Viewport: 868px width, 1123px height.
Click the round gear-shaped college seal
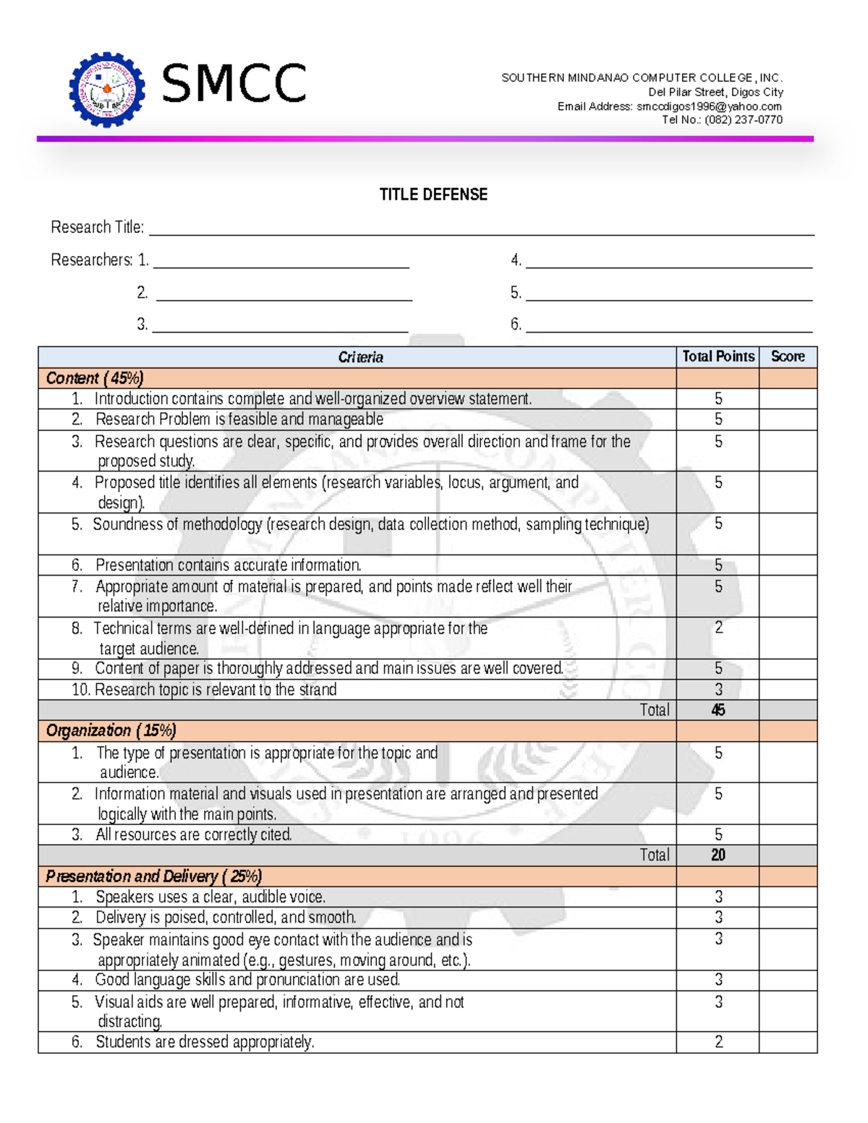(x=107, y=89)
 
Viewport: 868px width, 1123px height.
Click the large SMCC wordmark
(x=234, y=84)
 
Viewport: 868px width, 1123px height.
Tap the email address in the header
(x=708, y=106)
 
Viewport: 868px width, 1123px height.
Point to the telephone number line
(x=722, y=120)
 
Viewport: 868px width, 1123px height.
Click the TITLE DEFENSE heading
(x=433, y=195)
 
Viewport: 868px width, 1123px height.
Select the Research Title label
(x=97, y=228)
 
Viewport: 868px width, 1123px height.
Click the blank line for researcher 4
(x=668, y=260)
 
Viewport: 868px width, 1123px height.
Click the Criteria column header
(x=360, y=357)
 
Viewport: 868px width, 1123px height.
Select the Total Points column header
(x=718, y=356)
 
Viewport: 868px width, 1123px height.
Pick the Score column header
(x=787, y=356)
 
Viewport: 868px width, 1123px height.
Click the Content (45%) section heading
(x=95, y=378)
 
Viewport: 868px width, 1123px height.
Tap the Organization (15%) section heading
(x=111, y=730)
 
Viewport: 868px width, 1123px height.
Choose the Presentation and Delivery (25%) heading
(x=153, y=876)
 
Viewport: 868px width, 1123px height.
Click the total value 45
(x=718, y=710)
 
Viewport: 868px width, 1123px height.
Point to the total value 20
(x=718, y=855)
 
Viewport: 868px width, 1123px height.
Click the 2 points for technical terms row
(x=718, y=628)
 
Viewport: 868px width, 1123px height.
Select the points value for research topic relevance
(x=718, y=690)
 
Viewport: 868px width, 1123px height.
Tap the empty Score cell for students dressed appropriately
(x=787, y=1042)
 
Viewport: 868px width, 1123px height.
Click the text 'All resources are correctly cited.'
(x=194, y=835)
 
